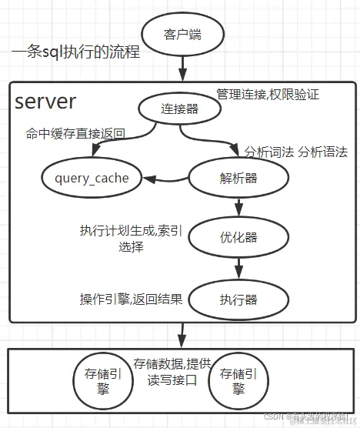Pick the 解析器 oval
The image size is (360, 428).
[238, 178]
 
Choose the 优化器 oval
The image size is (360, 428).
[238, 237]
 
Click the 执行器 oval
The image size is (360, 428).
[238, 299]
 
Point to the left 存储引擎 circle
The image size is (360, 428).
[98, 381]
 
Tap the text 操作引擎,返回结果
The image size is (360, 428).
[131, 299]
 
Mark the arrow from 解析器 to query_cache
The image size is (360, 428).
[169, 180]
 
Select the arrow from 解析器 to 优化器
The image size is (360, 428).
[239, 206]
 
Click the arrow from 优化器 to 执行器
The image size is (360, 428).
[239, 267]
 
